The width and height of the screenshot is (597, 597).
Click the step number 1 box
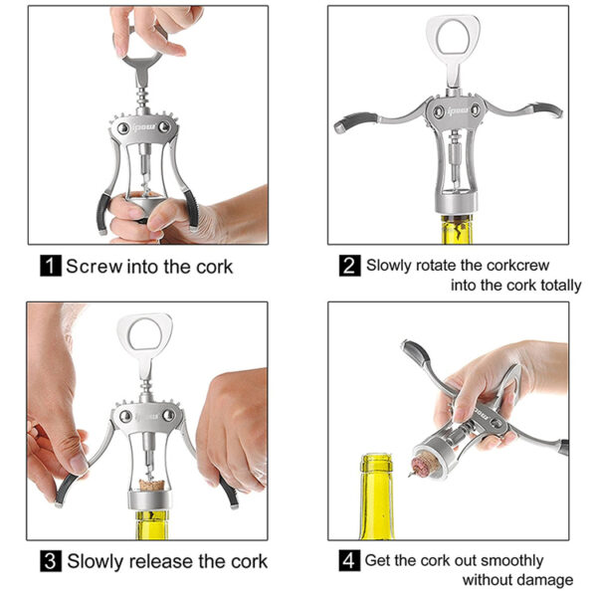coord(51,266)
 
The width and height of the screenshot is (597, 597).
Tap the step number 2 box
coord(349,266)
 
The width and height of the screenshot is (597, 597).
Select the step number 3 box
coord(51,561)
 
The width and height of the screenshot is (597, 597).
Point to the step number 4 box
coord(349,560)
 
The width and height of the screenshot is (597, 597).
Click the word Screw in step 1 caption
coord(95,266)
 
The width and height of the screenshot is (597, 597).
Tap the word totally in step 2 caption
coord(561,286)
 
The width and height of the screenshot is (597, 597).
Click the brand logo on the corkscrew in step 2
coord(458,110)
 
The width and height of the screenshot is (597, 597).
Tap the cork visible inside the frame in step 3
coord(151,486)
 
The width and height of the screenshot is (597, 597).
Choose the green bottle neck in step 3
coord(152,525)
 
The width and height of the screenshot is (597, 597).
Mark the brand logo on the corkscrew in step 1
coord(143,126)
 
